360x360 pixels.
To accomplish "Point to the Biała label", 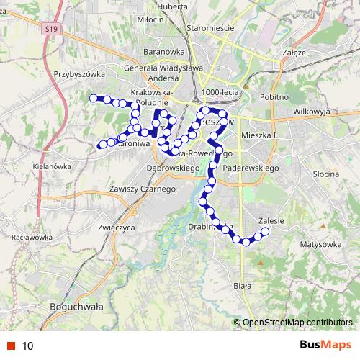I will (243, 286).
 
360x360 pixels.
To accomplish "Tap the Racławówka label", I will (27, 237).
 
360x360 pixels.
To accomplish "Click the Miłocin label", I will (150, 19).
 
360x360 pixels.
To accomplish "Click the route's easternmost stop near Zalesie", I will (265, 231).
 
